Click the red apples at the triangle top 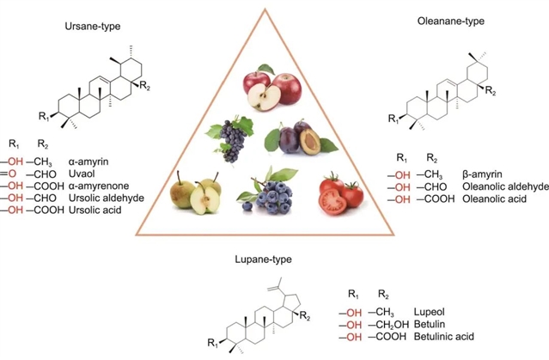(270, 88)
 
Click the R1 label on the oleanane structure (393, 117)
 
